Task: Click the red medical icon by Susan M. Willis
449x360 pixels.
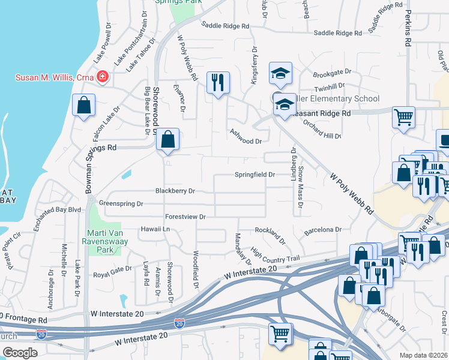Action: point(103,78)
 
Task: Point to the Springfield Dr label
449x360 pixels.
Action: point(255,175)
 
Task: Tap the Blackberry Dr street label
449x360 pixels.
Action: point(175,191)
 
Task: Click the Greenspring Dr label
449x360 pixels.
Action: point(121,203)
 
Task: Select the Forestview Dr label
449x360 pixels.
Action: point(185,217)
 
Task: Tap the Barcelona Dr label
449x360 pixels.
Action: point(322,229)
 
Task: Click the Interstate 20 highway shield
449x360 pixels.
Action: point(179,323)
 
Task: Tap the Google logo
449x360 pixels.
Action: point(19,353)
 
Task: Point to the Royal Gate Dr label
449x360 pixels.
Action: point(112,272)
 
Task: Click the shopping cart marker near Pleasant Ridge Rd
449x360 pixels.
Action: point(403,116)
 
